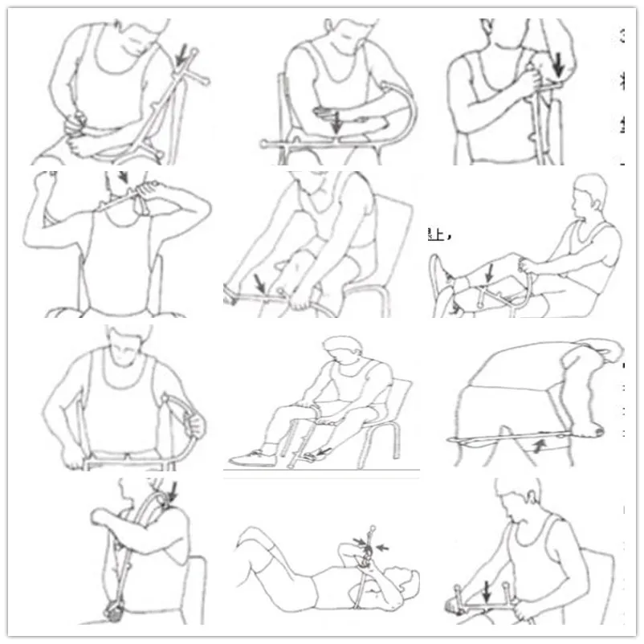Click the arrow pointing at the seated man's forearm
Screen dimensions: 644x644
[337, 121]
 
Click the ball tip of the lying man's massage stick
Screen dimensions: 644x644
[372, 528]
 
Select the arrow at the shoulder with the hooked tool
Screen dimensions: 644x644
[173, 488]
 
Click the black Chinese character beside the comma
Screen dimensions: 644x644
[435, 234]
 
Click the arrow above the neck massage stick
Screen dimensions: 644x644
[123, 177]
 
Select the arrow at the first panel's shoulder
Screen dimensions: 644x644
[184, 55]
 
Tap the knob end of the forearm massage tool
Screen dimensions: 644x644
[263, 144]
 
